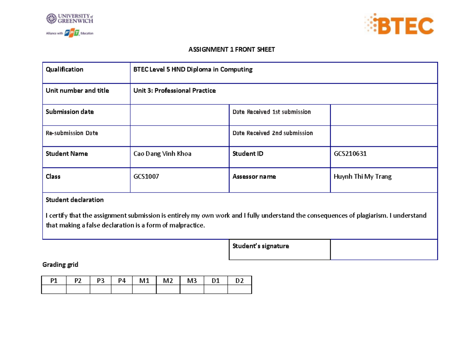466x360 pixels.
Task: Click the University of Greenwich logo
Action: click(x=70, y=19)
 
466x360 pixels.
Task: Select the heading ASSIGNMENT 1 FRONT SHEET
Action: click(x=231, y=49)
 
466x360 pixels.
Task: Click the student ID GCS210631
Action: click(x=350, y=154)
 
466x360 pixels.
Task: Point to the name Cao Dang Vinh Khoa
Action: click(x=162, y=154)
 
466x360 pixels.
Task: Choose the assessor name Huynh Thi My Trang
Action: click(x=363, y=177)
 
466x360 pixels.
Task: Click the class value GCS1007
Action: click(x=146, y=177)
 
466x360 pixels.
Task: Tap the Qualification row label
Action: click(x=64, y=70)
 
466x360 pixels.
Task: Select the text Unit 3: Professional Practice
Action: click(x=174, y=90)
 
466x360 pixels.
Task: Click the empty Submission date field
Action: click(x=179, y=115)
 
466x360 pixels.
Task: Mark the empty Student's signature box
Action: click(x=384, y=249)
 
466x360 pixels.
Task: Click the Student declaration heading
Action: click(x=75, y=200)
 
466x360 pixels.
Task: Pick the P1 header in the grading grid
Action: click(x=54, y=280)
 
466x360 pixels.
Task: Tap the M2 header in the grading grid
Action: click(x=168, y=280)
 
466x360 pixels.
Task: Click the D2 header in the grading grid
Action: click(x=240, y=280)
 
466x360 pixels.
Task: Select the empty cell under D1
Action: click(x=216, y=289)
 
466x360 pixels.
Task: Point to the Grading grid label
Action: click(x=60, y=265)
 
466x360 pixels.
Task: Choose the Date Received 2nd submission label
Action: click(x=273, y=133)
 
